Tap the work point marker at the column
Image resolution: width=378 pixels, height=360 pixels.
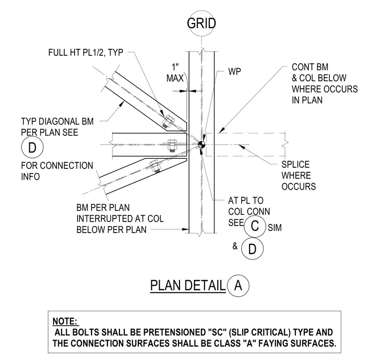click(x=201, y=145)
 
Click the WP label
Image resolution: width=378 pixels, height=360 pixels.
click(x=234, y=71)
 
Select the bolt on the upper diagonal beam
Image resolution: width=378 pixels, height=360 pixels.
click(x=168, y=121)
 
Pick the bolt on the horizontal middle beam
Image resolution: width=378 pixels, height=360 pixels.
click(x=172, y=146)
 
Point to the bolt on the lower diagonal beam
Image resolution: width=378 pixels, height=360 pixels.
click(x=155, y=166)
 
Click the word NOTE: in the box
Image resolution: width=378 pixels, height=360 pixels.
click(x=66, y=321)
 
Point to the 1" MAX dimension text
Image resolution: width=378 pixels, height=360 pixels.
click(x=175, y=73)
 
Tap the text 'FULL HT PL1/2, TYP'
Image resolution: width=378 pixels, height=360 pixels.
click(x=86, y=53)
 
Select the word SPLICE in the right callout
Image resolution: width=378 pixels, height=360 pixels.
click(x=295, y=164)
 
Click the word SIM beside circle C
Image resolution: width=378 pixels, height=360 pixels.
click(x=275, y=228)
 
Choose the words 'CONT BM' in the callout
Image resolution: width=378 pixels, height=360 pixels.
click(x=310, y=67)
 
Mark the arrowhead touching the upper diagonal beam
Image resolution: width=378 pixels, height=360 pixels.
click(x=122, y=103)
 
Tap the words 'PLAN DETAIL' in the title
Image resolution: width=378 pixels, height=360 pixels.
click(x=188, y=285)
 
